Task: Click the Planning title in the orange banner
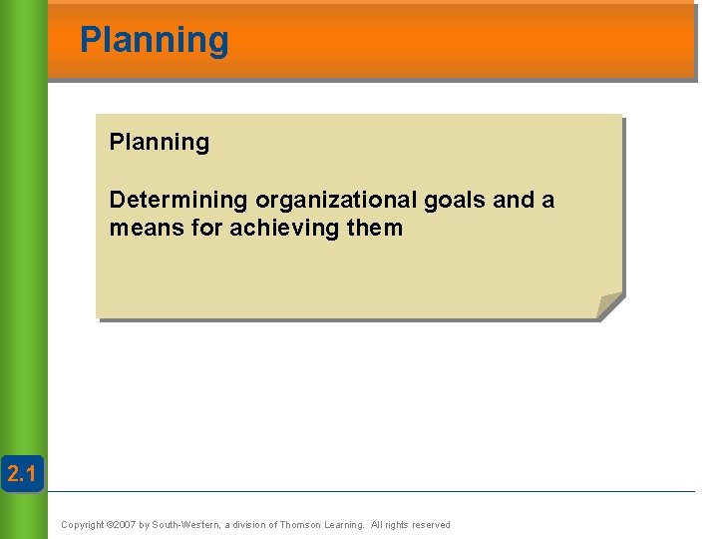point(154,41)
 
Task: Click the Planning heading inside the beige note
point(160,143)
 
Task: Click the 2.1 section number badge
point(22,475)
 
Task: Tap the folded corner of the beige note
point(609,305)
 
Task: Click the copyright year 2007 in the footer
point(122,525)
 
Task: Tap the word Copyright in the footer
point(82,525)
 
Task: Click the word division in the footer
point(248,525)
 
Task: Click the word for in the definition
point(206,229)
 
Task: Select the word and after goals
point(515,200)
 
